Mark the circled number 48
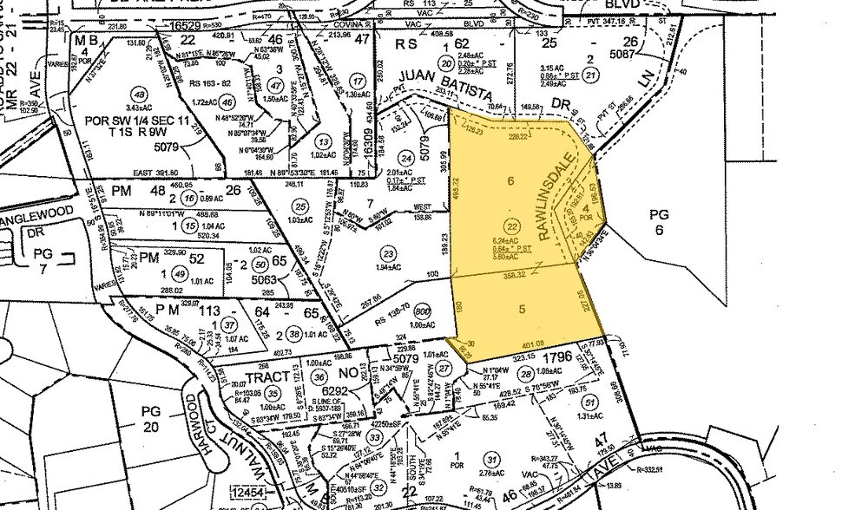[137, 95]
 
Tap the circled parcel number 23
[388, 254]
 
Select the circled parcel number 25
[300, 206]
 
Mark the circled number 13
[324, 142]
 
